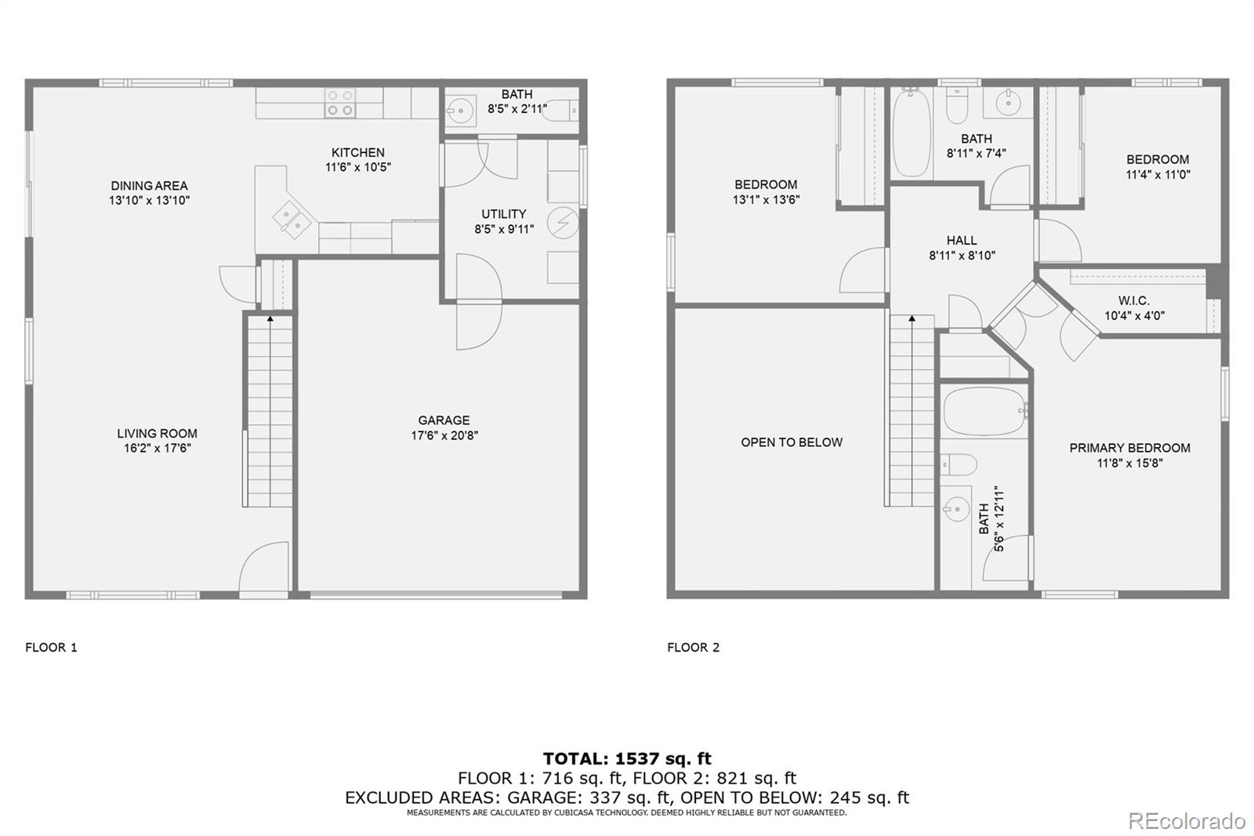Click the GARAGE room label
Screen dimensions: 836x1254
444,420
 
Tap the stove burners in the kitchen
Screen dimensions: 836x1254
340,103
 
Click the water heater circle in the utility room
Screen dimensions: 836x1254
562,224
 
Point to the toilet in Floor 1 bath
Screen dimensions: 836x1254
558,112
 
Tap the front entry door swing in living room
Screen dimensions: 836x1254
263,566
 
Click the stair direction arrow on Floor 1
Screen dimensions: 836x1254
270,318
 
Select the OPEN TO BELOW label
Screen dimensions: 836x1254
792,442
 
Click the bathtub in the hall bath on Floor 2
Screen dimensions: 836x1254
912,132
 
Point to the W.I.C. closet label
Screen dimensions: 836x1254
1133,301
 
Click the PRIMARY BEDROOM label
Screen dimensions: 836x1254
1129,448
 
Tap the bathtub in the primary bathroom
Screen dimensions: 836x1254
984,412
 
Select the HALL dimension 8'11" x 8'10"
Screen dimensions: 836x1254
962,256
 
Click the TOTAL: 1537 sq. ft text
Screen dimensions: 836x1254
627,758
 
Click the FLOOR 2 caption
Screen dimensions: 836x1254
693,647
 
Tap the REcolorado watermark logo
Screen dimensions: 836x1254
1186,820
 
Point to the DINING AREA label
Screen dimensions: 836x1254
149,186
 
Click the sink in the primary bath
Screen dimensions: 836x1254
956,511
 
